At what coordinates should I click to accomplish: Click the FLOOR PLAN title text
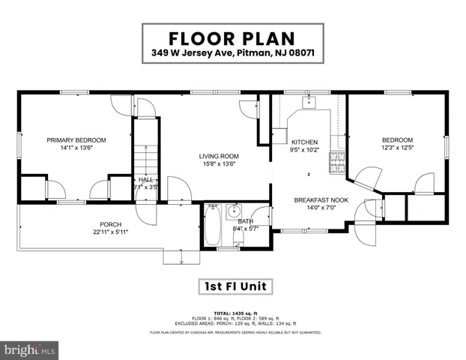click(232, 37)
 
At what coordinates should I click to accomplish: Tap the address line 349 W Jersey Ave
click(232, 53)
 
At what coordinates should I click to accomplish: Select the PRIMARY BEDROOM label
click(76, 139)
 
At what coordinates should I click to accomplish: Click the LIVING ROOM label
click(217, 156)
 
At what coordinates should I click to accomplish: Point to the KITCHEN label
click(305, 142)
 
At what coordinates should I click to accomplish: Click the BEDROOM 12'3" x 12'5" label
click(397, 139)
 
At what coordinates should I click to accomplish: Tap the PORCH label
click(111, 224)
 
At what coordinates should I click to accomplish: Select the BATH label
click(245, 221)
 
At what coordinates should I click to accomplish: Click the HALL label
click(146, 180)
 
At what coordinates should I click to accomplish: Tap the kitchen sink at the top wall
click(307, 100)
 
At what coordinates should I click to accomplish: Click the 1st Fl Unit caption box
click(232, 286)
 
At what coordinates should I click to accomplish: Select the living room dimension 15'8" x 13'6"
click(217, 165)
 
